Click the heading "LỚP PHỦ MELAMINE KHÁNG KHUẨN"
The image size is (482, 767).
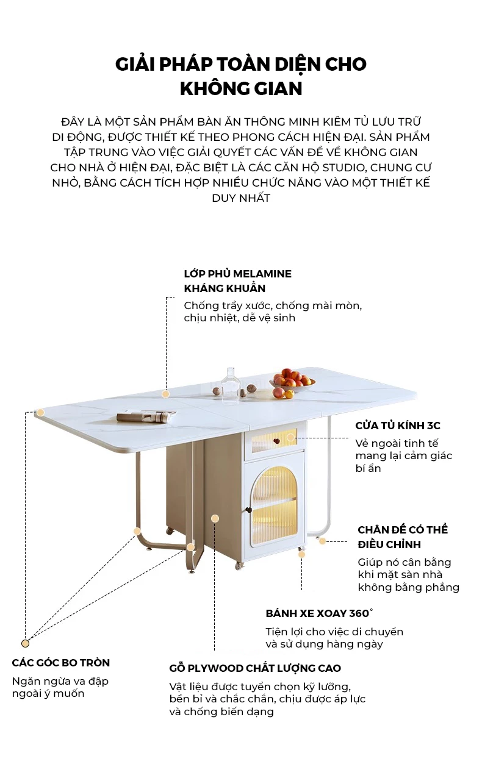click(x=238, y=281)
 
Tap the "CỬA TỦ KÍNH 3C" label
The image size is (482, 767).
click(x=398, y=426)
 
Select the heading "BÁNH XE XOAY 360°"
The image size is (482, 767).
click(x=319, y=613)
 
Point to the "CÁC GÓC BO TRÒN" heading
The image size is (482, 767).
click(x=61, y=663)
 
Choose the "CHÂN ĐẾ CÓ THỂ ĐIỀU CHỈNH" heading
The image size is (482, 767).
click(x=403, y=537)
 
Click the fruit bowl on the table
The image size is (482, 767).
click(x=292, y=382)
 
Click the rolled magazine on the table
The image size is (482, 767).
click(x=146, y=416)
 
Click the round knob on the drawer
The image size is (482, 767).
click(x=276, y=441)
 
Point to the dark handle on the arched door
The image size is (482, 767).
click(x=250, y=510)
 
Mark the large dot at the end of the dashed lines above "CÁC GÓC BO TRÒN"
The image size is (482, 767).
click(x=25, y=643)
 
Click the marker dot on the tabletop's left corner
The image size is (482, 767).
click(x=40, y=412)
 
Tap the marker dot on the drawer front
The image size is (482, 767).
click(x=290, y=437)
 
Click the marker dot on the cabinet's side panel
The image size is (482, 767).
click(x=215, y=518)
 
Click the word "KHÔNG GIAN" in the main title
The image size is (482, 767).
click(x=241, y=88)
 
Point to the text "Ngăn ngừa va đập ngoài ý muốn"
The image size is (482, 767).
click(x=60, y=687)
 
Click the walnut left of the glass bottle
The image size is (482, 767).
click(x=216, y=391)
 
